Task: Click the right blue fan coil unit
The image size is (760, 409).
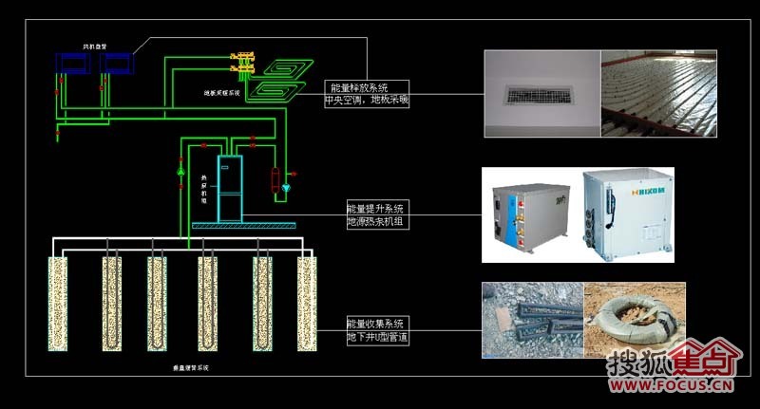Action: coord(118,64)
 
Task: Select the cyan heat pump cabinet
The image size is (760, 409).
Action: coord(231,189)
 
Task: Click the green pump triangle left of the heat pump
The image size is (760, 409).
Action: coord(181,173)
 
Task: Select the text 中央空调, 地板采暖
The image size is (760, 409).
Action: coord(367,99)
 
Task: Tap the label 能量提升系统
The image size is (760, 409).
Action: coord(375,209)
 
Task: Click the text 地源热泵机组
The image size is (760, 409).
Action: coord(375,221)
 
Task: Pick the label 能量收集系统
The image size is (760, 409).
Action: coord(375,324)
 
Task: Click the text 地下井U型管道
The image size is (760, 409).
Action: coord(378,336)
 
